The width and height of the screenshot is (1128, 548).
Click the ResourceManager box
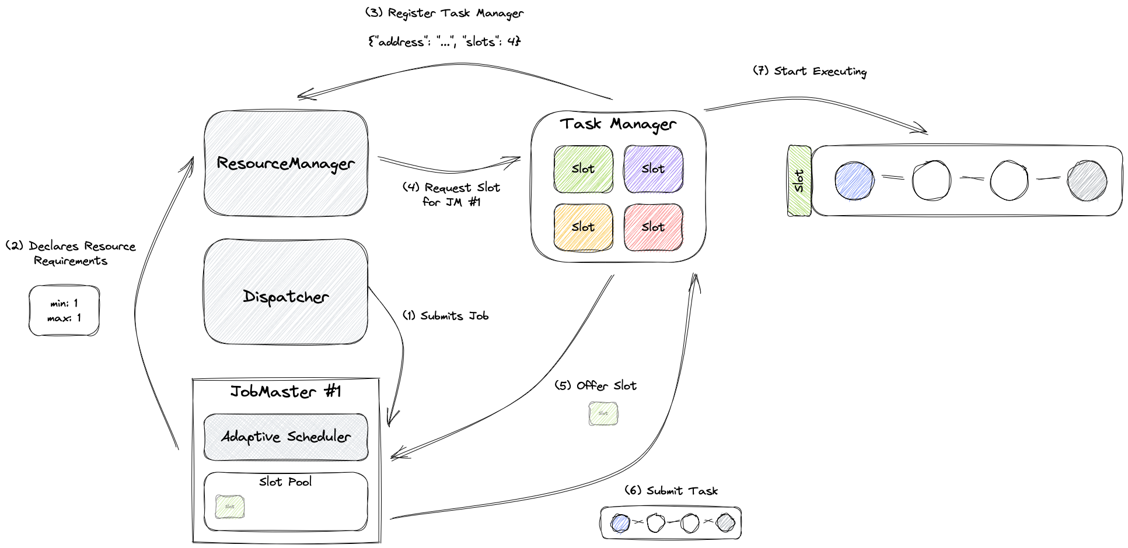pos(286,163)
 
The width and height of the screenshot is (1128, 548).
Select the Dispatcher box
pos(286,291)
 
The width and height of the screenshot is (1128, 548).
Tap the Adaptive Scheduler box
pos(286,437)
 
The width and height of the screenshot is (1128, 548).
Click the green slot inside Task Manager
pos(583,169)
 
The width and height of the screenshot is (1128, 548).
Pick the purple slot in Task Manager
pos(653,169)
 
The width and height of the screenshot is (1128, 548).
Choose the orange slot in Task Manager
pos(583,227)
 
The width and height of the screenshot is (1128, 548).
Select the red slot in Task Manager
pos(653,227)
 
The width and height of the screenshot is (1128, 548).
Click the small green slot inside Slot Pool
pos(230,507)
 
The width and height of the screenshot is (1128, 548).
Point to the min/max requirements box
pos(64,311)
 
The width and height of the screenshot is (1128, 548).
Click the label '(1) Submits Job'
pos(445,316)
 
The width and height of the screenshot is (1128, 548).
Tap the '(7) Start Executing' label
pos(809,71)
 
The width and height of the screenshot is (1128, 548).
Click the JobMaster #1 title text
pos(285,391)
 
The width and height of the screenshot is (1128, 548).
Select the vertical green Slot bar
pos(799,181)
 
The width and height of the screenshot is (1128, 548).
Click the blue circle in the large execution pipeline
pos(854,181)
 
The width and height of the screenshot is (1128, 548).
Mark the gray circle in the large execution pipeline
pos(1087,181)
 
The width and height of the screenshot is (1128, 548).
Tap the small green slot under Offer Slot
pos(603,413)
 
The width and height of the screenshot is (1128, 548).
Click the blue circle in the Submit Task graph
pos(620,523)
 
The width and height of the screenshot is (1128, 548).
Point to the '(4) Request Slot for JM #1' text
pos(451,195)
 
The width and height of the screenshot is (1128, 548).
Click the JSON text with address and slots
pos(444,41)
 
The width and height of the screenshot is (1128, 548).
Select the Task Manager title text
pos(618,124)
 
